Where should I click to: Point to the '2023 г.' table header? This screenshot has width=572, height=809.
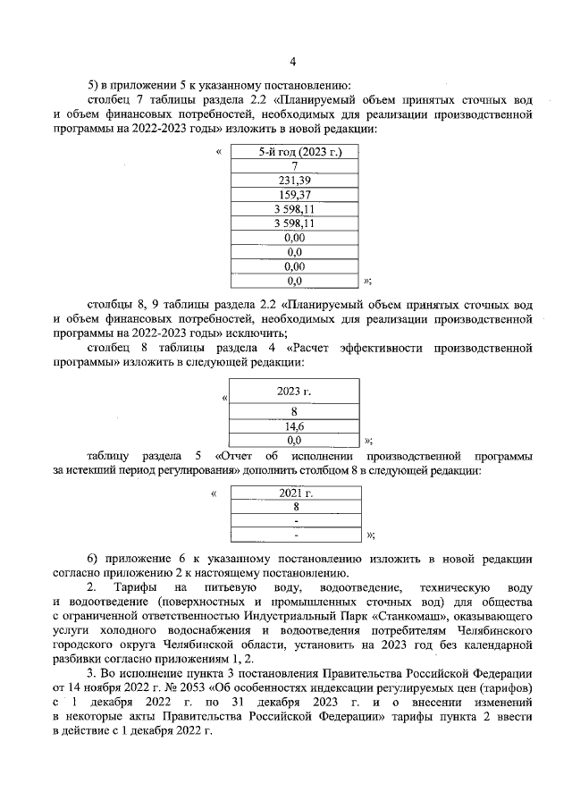coord(294,392)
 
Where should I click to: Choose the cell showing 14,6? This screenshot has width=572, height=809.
coord(294,426)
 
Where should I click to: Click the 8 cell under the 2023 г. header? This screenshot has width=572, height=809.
coord(294,412)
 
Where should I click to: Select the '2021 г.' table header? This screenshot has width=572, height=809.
coord(295,493)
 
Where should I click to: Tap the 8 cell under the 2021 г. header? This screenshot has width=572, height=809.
coord(295,506)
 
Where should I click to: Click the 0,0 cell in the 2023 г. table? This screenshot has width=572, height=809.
coord(294,440)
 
